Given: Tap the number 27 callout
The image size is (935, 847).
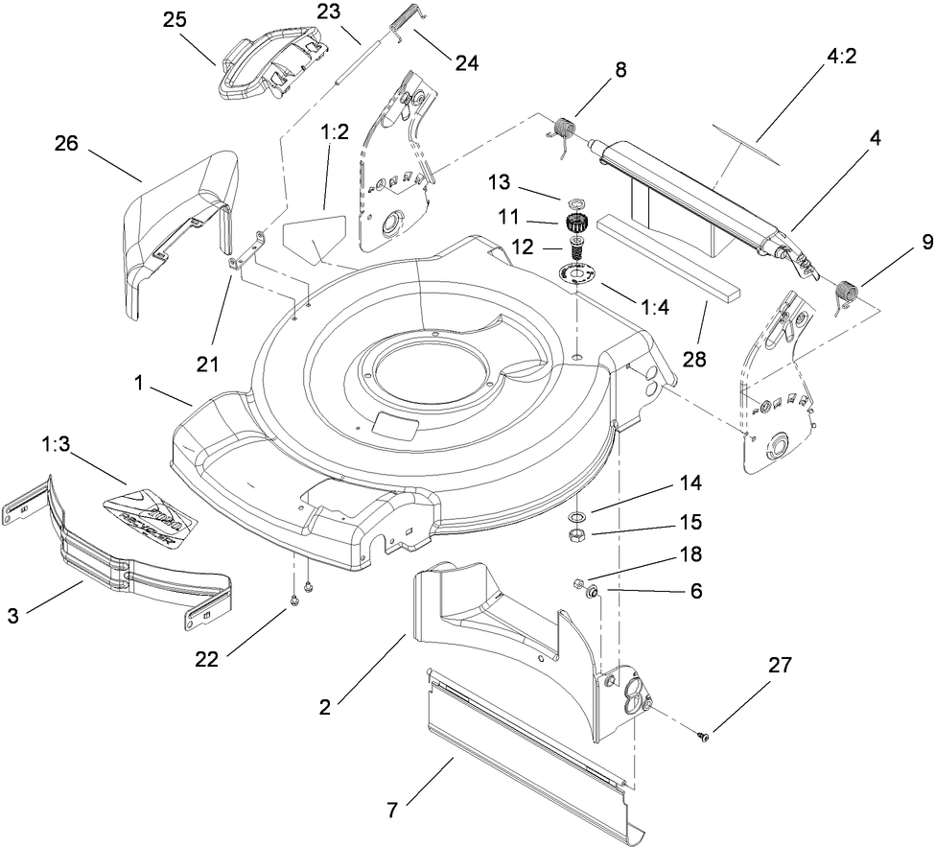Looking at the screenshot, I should point(780,666).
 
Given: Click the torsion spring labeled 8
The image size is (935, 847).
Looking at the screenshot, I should point(567,129).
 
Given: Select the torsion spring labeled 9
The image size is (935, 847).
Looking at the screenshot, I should point(846,291).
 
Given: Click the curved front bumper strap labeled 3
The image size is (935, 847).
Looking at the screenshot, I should point(125,566).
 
